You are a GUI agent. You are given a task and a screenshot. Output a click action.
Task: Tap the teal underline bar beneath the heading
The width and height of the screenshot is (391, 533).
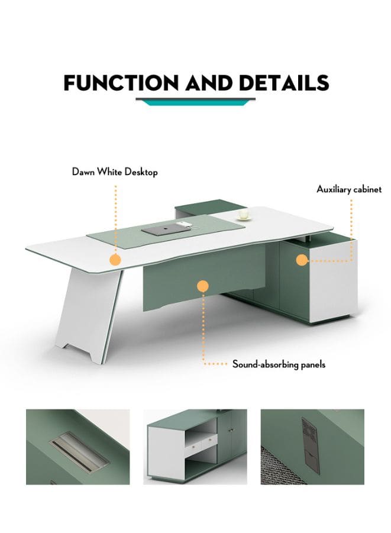pos(195,102)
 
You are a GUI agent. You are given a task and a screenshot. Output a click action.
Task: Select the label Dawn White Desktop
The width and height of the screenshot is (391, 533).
pos(115,172)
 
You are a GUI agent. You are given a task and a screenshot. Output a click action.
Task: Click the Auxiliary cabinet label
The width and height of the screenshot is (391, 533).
pos(349,189)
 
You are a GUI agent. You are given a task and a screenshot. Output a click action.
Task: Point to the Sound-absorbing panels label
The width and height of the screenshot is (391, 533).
pos(279,364)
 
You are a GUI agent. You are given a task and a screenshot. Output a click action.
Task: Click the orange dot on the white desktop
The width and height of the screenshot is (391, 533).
pos(115,259)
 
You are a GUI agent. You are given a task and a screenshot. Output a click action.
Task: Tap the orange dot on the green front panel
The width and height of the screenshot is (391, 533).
pos(203,286)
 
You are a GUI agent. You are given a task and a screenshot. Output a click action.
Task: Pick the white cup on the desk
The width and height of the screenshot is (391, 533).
pos(243,214)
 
